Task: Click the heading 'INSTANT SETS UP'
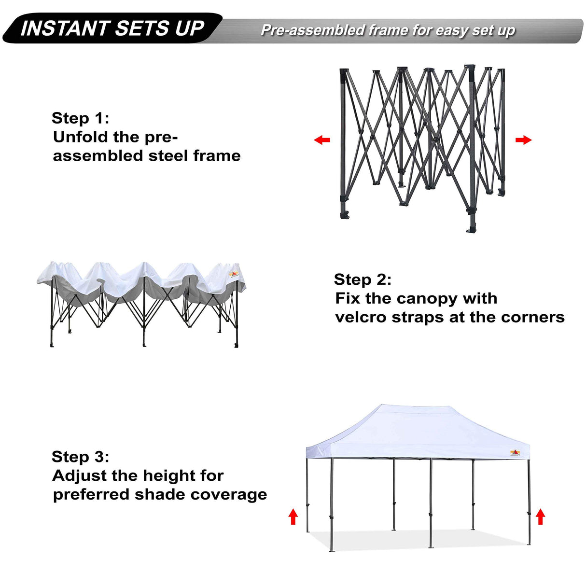point(112,28)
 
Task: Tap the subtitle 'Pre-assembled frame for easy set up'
point(388,30)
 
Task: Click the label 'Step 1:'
point(80,118)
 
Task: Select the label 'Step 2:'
point(363,279)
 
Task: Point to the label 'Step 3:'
point(80,457)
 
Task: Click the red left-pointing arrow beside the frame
point(322,140)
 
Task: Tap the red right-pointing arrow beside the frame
point(523,140)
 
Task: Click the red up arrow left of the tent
point(293,516)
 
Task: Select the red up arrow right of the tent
point(541,517)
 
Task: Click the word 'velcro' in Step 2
point(361,317)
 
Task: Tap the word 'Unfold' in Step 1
point(81,137)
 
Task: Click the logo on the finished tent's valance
point(515,453)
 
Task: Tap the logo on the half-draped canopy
point(234,274)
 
